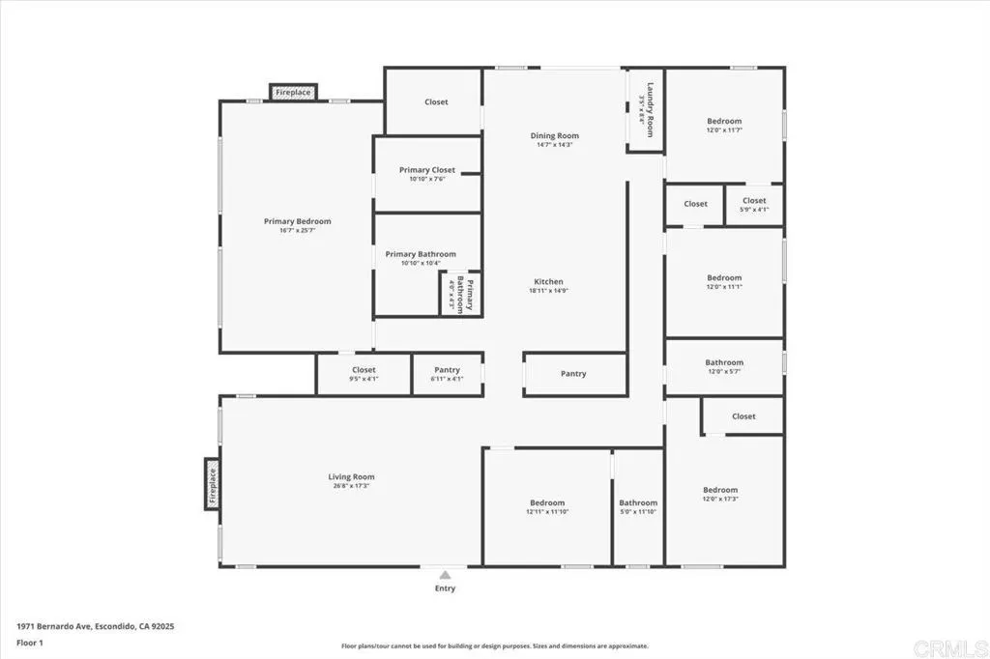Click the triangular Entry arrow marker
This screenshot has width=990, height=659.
(445, 573)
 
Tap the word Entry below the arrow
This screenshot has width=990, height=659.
(445, 588)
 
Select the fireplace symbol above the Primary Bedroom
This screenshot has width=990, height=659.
(293, 93)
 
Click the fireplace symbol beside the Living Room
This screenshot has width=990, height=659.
(212, 482)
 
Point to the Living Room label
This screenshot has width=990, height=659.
(351, 476)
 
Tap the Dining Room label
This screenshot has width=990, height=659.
(555, 135)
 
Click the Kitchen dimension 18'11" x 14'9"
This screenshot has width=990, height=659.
(548, 291)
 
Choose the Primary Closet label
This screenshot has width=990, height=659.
(427, 170)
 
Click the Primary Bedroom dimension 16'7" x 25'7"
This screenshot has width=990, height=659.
(298, 231)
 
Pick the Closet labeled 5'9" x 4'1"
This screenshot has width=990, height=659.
(754, 205)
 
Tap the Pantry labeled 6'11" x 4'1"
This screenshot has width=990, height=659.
(447, 374)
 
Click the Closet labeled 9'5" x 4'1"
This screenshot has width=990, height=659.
(364, 374)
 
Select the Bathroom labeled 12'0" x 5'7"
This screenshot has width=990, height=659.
(724, 367)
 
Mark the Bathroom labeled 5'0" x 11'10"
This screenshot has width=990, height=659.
(638, 507)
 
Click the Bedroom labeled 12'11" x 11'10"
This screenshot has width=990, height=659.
(547, 507)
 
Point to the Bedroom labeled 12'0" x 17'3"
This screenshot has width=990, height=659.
(720, 495)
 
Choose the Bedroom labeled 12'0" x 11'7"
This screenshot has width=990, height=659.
(724, 126)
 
